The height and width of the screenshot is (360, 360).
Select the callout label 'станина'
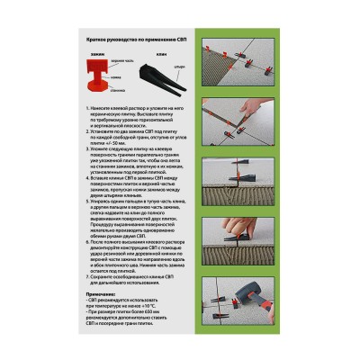(118, 91)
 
